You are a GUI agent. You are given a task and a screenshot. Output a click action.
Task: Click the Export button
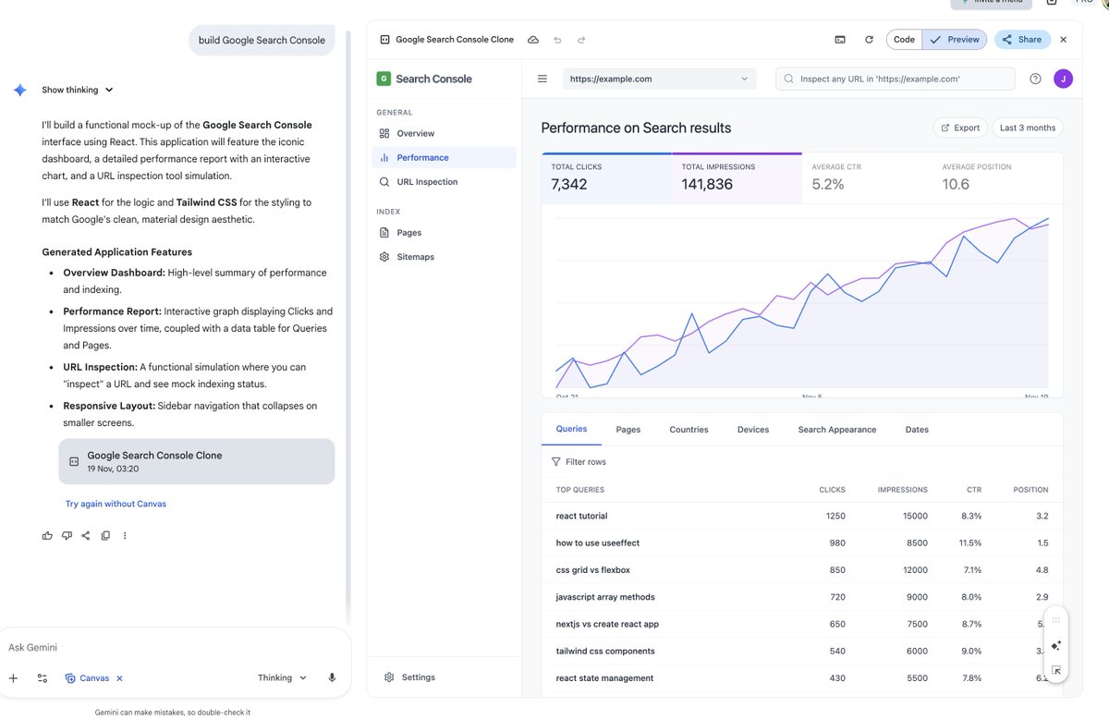point(960,128)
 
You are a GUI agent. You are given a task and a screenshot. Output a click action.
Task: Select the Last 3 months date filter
point(1027,128)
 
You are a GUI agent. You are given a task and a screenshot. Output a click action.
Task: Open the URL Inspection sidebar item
point(426,182)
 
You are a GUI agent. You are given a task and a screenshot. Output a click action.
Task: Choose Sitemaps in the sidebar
point(415,257)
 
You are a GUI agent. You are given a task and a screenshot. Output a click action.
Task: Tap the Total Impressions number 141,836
point(707,184)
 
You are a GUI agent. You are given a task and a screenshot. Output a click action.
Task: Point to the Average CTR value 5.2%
point(828,184)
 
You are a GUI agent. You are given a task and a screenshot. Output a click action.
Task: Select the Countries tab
point(689,430)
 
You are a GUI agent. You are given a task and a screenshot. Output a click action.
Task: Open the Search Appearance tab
point(836,430)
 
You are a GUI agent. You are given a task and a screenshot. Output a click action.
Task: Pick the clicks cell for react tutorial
point(835,516)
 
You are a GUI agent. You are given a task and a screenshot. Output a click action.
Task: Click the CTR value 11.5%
point(969,543)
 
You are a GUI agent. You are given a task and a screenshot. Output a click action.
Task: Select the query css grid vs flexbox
point(592,570)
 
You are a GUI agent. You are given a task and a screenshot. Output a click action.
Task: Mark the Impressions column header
point(903,490)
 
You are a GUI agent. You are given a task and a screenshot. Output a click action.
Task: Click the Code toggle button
point(904,40)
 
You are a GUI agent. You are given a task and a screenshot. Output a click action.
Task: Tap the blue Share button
point(1022,40)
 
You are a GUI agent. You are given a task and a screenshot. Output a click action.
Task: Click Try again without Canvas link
point(116,504)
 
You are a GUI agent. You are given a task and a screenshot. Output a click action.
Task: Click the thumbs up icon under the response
point(47,536)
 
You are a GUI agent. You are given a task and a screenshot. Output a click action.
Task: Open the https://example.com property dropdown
point(659,79)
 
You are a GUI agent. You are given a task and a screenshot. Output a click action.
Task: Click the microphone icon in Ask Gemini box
point(332,677)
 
